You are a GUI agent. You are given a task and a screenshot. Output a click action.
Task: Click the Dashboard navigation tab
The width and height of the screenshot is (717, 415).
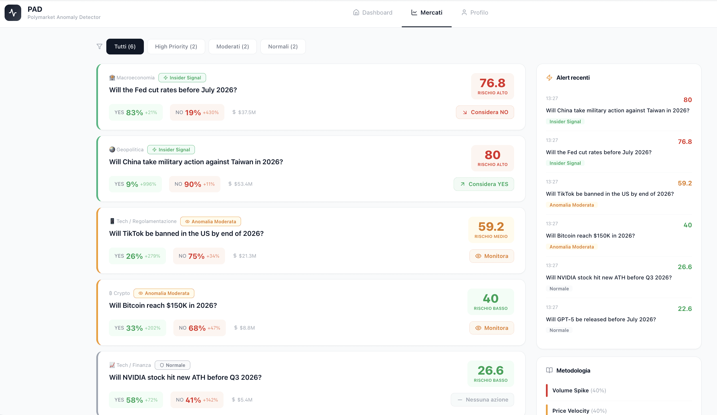pyautogui.click(x=373, y=13)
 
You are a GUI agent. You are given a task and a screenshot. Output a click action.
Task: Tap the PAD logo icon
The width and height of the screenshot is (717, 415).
pyautogui.click(x=13, y=13)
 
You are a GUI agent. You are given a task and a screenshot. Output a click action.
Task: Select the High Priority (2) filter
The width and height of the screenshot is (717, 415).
pyautogui.click(x=176, y=46)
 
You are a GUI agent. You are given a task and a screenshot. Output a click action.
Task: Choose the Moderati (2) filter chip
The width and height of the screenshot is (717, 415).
pyautogui.click(x=232, y=46)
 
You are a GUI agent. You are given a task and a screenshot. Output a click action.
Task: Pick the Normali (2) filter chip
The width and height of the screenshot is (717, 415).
pyautogui.click(x=283, y=46)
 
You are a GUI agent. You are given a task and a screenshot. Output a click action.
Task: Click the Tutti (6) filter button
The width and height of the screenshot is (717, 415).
pyautogui.click(x=125, y=46)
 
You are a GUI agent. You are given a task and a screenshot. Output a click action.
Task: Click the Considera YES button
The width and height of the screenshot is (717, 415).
pyautogui.click(x=484, y=184)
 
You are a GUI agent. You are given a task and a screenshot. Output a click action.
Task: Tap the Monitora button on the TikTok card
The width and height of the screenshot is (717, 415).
pyautogui.click(x=491, y=256)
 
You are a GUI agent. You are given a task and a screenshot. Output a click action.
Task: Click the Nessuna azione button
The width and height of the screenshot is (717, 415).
pyautogui.click(x=482, y=400)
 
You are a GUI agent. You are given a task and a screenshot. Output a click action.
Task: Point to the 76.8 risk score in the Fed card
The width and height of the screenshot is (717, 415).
pyautogui.click(x=492, y=83)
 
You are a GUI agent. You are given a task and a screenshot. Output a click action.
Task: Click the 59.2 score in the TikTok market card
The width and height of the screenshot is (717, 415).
pyautogui.click(x=491, y=227)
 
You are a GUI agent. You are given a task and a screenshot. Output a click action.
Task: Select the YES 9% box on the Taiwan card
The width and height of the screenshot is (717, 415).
pyautogui.click(x=135, y=184)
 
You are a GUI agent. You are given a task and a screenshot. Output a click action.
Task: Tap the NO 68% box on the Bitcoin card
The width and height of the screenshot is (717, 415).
pyautogui.click(x=199, y=328)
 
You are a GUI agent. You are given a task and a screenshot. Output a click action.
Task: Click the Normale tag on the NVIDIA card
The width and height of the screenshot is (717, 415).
pyautogui.click(x=173, y=365)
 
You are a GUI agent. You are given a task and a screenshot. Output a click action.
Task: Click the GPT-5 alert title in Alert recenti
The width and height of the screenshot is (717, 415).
pyautogui.click(x=601, y=319)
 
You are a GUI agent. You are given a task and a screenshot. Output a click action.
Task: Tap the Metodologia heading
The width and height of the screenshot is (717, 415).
pyautogui.click(x=573, y=370)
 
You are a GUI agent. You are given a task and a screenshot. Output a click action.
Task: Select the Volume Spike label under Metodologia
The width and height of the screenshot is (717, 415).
pyautogui.click(x=570, y=390)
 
